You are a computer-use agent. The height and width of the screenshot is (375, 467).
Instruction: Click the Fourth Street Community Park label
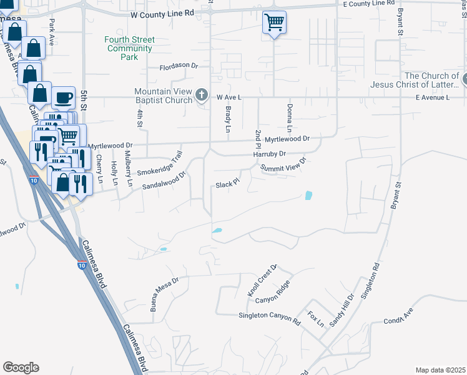click(129, 48)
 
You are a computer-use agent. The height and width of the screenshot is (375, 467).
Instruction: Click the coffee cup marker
click(63, 97)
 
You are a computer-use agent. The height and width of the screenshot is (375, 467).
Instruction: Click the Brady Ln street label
click(228, 119)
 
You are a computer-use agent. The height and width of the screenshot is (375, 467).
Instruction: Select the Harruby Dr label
click(269, 154)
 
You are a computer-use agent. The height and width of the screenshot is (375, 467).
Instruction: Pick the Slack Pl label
click(228, 184)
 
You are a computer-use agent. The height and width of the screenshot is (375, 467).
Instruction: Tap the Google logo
click(21, 367)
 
